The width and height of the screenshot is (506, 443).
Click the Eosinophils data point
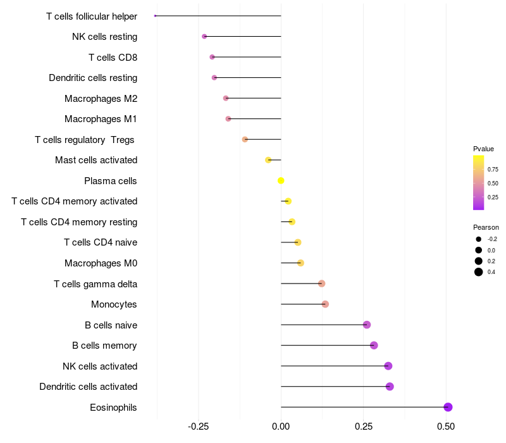coord(448,407)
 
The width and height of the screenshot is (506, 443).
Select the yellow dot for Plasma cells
coord(281,180)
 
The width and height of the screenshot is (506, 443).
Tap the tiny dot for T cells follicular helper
coord(155,16)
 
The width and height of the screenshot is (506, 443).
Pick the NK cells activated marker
coord(388,366)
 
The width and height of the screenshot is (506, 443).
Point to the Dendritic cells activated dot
coord(390,387)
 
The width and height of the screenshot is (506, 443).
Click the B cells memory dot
coord(374,346)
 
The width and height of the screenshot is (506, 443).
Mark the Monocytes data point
coord(325,304)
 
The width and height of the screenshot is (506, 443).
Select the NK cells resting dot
coord(204,37)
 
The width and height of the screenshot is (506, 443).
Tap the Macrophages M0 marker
coord(300,263)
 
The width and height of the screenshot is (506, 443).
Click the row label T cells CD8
coord(113,58)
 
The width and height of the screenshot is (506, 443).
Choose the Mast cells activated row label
coord(96,160)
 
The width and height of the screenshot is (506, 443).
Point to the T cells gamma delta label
coord(96,284)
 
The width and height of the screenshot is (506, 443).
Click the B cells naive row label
coord(111,325)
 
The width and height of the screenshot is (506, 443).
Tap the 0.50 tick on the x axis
coord(446,427)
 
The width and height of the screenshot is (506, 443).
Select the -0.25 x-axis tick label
coord(198,427)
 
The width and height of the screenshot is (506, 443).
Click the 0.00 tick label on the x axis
coord(281,427)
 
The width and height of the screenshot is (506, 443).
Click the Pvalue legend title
coord(483,149)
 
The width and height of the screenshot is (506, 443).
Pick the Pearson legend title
coord(486,227)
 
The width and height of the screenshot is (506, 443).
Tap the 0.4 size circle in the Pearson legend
coord(479,272)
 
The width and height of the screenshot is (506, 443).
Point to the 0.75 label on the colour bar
coord(493,170)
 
